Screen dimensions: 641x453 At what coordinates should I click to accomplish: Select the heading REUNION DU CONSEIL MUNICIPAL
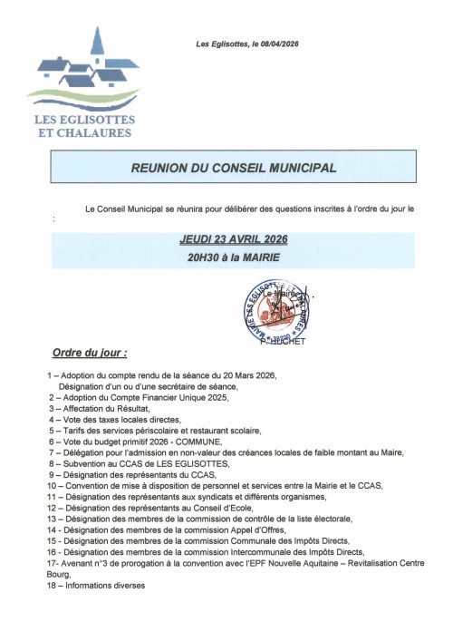coord(234,169)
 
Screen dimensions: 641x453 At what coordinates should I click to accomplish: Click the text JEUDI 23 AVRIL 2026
coord(234,240)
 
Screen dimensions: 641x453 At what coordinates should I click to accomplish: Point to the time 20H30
coord(205,257)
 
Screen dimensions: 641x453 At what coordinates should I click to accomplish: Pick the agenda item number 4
coord(52,420)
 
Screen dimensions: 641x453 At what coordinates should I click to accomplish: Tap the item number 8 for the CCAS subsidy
coord(52,463)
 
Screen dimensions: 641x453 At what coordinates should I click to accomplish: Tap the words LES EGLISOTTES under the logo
coord(84,120)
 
